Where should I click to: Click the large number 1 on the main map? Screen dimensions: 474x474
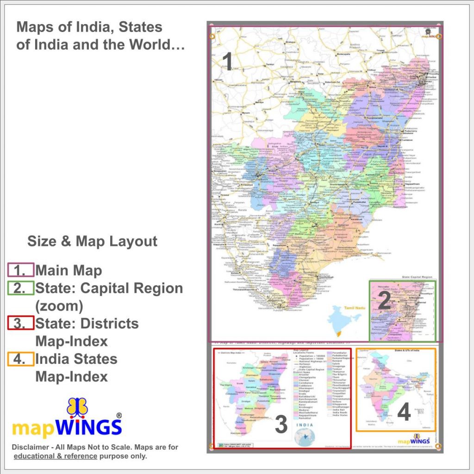pos(227,62)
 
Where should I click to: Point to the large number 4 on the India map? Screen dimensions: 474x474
pos(404,412)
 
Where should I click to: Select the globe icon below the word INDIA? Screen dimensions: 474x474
pos(305,437)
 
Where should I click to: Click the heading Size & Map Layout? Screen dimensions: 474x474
pos(92,241)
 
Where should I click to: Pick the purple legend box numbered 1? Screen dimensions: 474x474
pos(21,270)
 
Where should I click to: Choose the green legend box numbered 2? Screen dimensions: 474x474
pos(21,288)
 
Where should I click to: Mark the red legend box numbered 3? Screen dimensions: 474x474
pos(21,323)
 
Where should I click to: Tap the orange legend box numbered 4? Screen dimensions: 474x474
pos(21,359)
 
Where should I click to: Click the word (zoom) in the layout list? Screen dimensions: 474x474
pos(59,306)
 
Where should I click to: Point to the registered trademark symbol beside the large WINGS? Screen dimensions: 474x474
pos(119,416)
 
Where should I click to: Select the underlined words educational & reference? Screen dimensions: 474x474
pos(56,456)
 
